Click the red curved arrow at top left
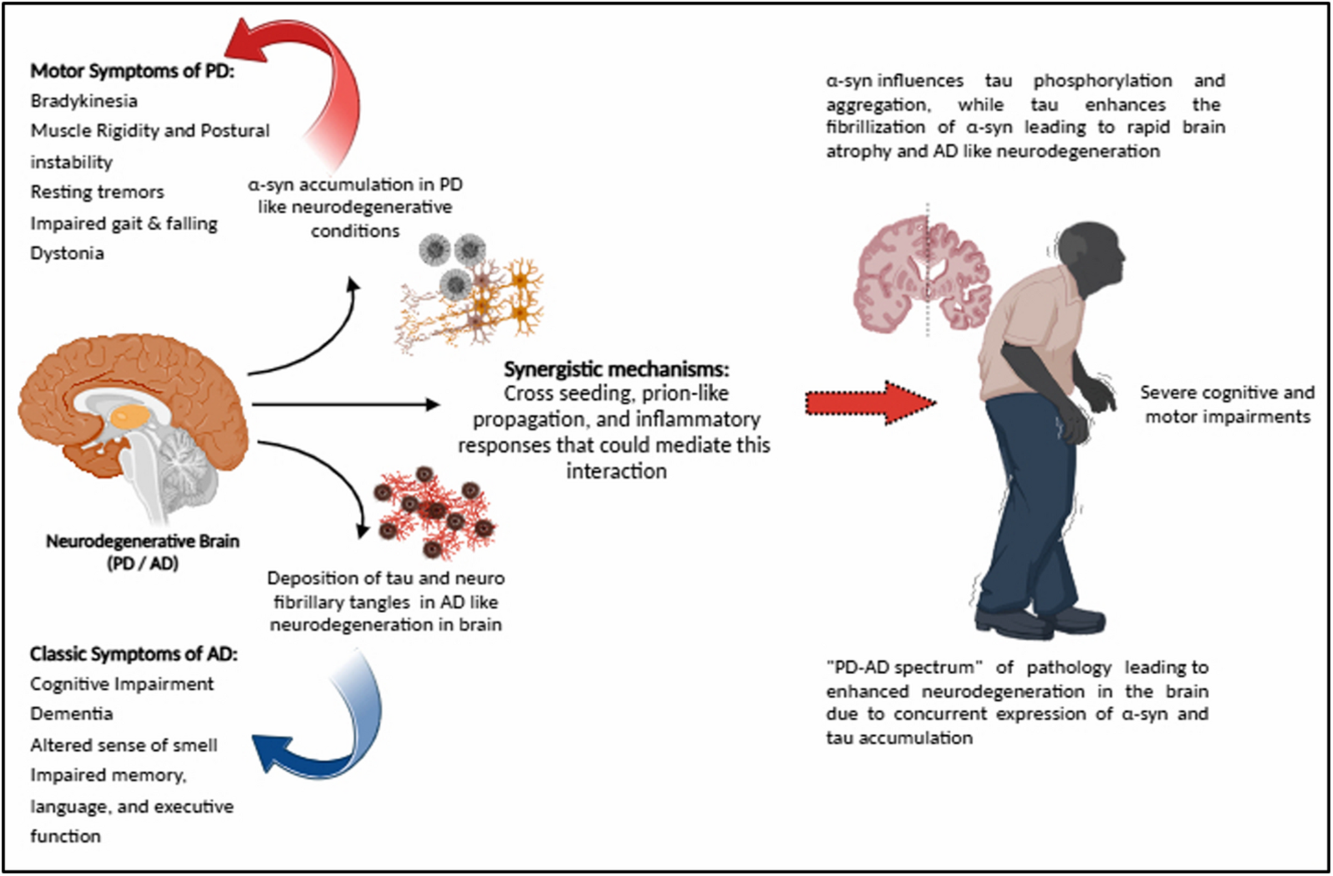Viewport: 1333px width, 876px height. (x=324, y=71)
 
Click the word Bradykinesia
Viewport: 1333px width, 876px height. (x=84, y=101)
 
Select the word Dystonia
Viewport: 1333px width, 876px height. (x=67, y=253)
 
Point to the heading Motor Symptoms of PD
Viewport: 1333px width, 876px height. (x=132, y=71)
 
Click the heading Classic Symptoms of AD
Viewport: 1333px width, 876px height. (x=134, y=653)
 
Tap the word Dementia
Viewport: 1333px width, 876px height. (x=72, y=714)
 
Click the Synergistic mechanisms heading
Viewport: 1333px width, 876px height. (x=616, y=369)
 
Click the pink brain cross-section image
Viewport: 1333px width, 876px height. (x=921, y=273)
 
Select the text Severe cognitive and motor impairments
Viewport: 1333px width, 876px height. (x=1227, y=404)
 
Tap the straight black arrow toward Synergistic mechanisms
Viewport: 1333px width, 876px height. (x=344, y=404)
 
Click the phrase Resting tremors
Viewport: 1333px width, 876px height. (x=97, y=192)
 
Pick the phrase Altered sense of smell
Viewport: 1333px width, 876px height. (x=124, y=745)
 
